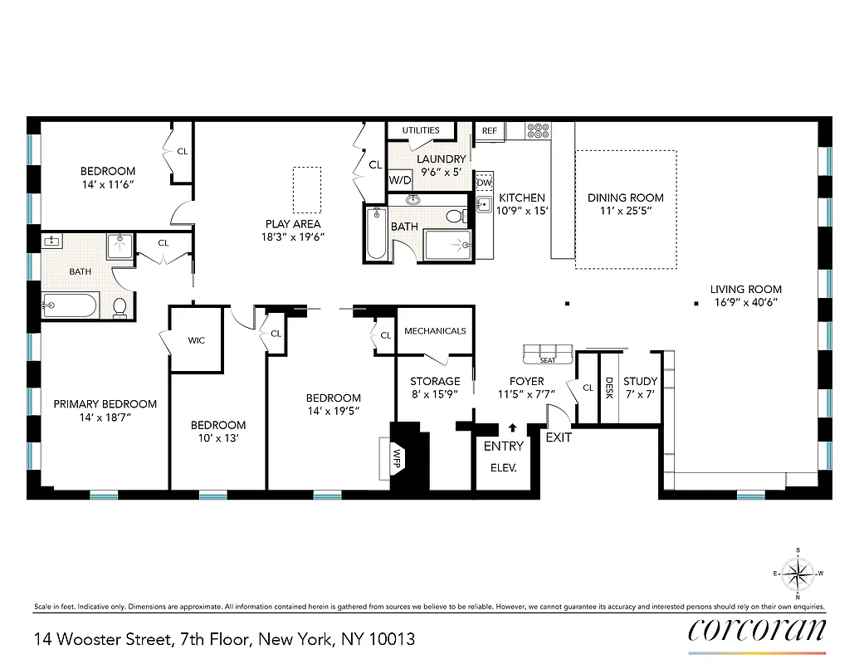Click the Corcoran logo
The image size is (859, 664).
[x=757, y=630]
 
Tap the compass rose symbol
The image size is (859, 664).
[x=798, y=573]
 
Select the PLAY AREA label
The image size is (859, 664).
[x=293, y=224]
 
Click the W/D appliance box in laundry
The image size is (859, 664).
[x=400, y=179]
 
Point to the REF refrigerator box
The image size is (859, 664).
[x=490, y=130]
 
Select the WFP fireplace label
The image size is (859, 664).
[x=398, y=456]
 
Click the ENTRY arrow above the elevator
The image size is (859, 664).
[x=512, y=428]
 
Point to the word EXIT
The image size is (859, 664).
[x=559, y=437]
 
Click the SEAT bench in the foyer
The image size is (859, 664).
[x=548, y=354]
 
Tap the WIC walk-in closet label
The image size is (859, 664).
[x=196, y=340]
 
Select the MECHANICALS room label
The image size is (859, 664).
[x=435, y=331]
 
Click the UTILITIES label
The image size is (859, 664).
[x=421, y=130]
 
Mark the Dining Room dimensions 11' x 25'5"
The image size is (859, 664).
[x=626, y=211]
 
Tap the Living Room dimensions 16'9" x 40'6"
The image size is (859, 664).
[x=745, y=303]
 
